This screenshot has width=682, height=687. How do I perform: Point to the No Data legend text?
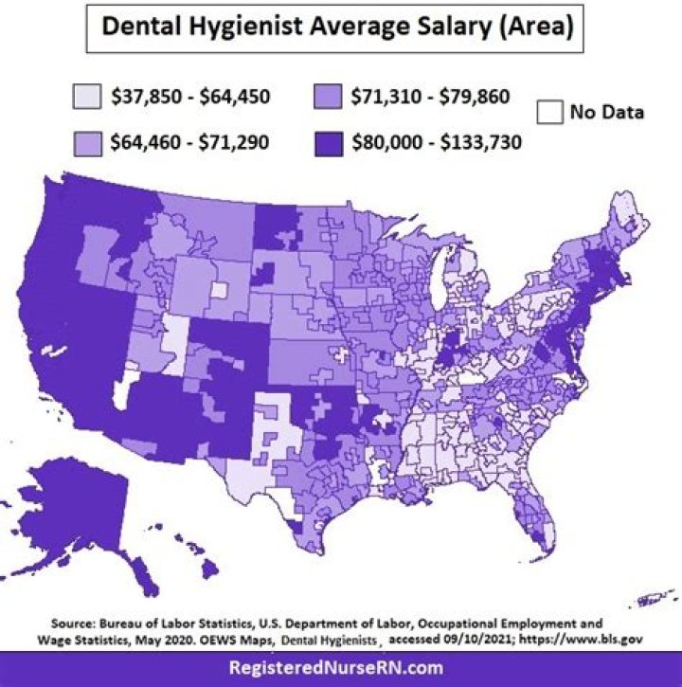(x=606, y=113)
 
